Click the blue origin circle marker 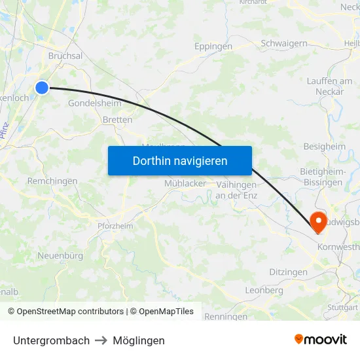42,87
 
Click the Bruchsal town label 65,56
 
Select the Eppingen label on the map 213,46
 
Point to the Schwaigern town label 284,43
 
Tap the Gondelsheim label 94,103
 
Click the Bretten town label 117,120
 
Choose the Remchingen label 52,181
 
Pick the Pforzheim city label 115,226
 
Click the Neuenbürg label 60,255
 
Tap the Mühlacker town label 185,183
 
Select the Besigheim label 324,147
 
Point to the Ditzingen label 288,272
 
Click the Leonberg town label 264,290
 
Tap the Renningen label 226,317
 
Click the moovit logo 321,339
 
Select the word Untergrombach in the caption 51,340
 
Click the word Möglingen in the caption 139,340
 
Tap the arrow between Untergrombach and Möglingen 101,340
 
